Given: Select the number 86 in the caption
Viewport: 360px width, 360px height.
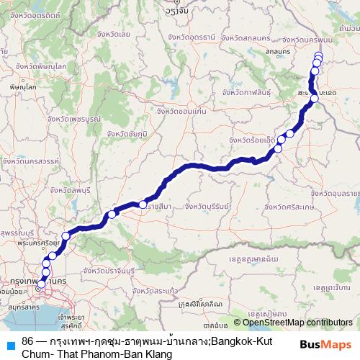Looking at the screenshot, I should [x=28, y=340].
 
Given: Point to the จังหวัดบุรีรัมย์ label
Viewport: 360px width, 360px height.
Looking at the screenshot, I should [x=207, y=207].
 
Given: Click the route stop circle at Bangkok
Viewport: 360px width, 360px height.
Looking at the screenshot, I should [x=41, y=284].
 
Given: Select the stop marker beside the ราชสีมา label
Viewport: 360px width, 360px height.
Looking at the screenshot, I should [x=143, y=205].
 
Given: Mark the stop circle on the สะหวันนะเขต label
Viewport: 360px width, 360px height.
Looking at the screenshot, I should [x=315, y=99].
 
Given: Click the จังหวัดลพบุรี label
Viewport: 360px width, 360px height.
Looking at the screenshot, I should [x=71, y=189].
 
